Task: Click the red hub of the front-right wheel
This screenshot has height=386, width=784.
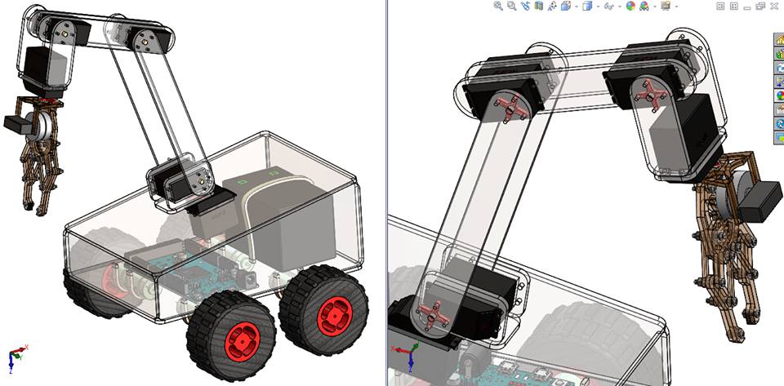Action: coord(333,310)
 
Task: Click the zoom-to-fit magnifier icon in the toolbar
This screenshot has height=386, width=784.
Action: coord(498,6)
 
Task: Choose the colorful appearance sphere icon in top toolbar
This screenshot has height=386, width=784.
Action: coord(630,6)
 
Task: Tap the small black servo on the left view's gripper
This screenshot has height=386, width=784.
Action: coord(16,123)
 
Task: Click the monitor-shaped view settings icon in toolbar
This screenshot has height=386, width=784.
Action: coord(666,6)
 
